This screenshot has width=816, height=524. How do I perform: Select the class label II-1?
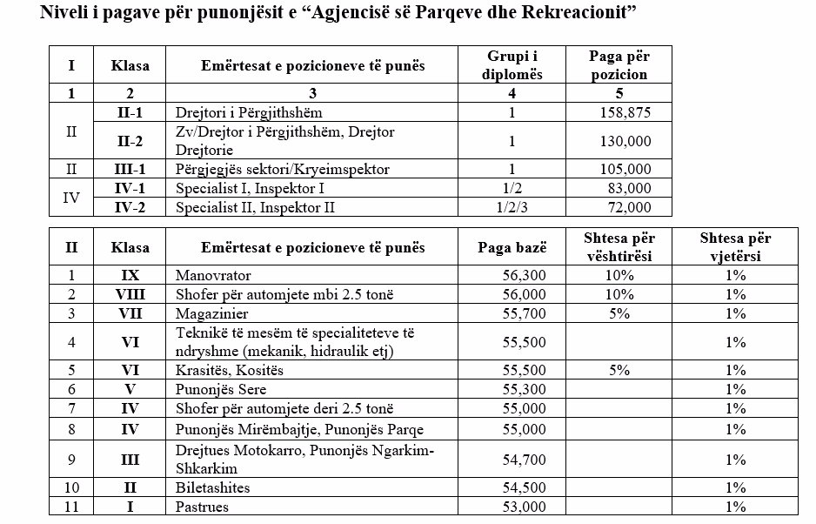pyautogui.click(x=132, y=112)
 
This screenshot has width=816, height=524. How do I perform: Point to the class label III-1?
pyautogui.click(x=132, y=169)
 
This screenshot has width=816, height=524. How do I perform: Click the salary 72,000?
pyautogui.click(x=627, y=207)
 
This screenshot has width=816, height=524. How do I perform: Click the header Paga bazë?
pyautogui.click(x=513, y=247)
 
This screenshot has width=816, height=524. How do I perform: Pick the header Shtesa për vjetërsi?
pyautogui.click(x=735, y=247)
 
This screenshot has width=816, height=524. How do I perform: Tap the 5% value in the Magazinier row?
pyautogui.click(x=619, y=313)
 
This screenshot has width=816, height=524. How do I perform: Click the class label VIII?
pyautogui.click(x=130, y=294)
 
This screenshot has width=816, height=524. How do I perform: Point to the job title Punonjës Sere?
pyautogui.click(x=221, y=390)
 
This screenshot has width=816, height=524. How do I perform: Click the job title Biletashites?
pyautogui.click(x=213, y=487)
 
